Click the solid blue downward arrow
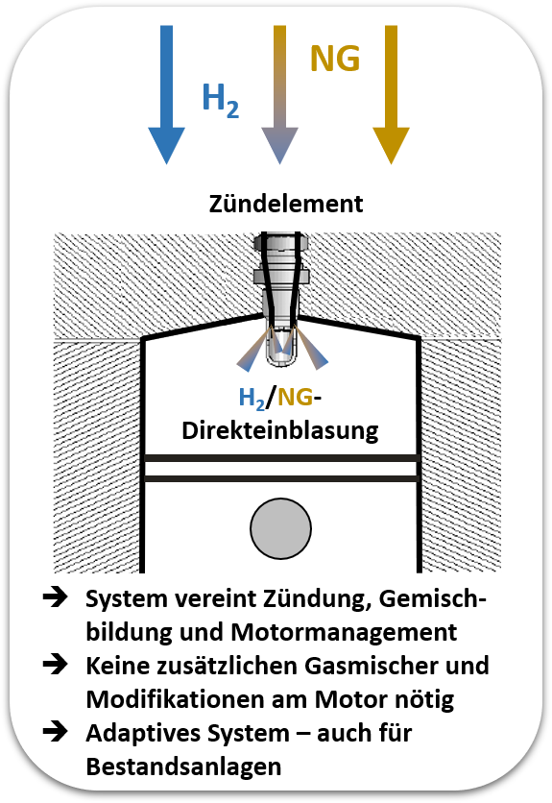tap(166, 95)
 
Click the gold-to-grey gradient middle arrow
tap(279, 95)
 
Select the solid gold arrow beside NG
tap(392, 95)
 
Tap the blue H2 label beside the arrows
tap(221, 100)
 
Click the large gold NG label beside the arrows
tap(335, 59)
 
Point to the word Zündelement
tap(286, 204)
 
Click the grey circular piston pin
tap(280, 528)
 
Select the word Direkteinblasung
tap(280, 430)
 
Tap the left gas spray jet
tap(253, 353)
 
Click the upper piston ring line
tap(280, 458)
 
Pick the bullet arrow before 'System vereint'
tap(56, 597)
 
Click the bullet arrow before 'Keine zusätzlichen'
tap(56, 665)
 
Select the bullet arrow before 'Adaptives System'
tap(56, 731)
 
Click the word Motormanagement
tap(344, 632)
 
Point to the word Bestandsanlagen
tap(183, 766)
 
